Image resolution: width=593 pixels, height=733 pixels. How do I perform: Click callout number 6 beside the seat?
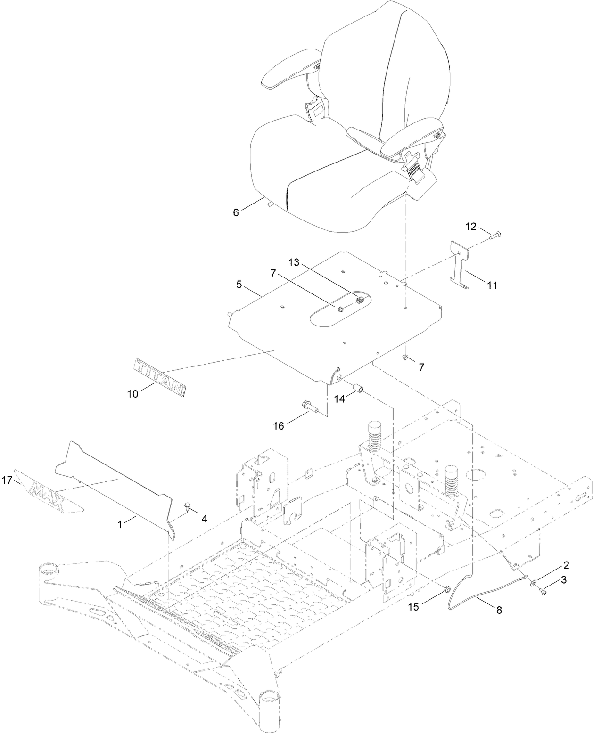coord(236,212)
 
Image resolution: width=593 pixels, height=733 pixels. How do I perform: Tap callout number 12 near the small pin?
coord(471,226)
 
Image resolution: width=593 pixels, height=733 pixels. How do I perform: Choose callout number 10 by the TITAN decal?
coord(133,393)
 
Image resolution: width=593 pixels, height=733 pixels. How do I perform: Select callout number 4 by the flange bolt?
coord(204,519)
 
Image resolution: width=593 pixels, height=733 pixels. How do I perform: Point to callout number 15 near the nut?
coord(413,607)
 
